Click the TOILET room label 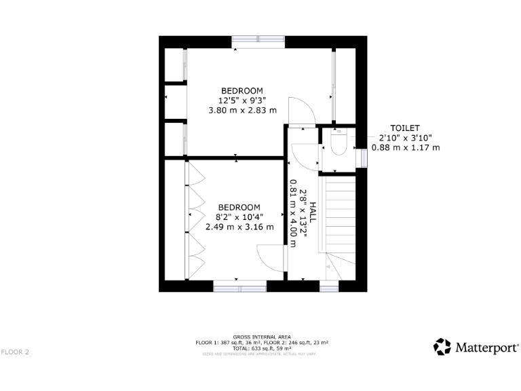(x=404, y=128)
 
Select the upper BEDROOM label (x=242, y=91)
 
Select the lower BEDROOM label (x=239, y=207)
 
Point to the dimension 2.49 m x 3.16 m (x=239, y=227)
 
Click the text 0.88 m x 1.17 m (x=406, y=147)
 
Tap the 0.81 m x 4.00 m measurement (x=293, y=213)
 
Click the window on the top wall (x=258, y=41)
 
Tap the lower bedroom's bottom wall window (x=239, y=286)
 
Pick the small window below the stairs (x=329, y=287)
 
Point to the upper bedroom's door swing (x=300, y=112)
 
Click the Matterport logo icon (x=442, y=347)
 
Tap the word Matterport (x=486, y=348)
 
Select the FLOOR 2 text (x=15, y=352)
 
